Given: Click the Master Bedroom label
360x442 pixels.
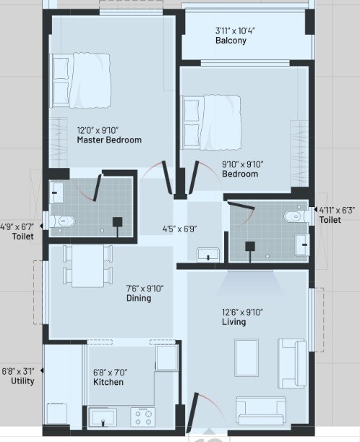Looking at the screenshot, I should point(109,140).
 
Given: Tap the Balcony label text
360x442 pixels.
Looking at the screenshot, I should point(231,41).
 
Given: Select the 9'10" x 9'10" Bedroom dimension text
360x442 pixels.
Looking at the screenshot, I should point(240,164).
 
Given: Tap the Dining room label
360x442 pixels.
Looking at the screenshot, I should point(138,298).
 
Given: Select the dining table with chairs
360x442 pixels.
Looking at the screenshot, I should point(87,265).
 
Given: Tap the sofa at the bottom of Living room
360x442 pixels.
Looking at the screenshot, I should point(261,410).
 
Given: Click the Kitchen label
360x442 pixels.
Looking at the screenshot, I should point(108,382).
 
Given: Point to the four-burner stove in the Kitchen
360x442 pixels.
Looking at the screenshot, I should point(142,416).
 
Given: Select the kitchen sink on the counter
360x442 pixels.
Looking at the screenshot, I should point(103,417).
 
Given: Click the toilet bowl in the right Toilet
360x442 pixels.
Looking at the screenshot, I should point(296,215).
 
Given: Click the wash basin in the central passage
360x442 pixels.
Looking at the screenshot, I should point(208,254).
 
